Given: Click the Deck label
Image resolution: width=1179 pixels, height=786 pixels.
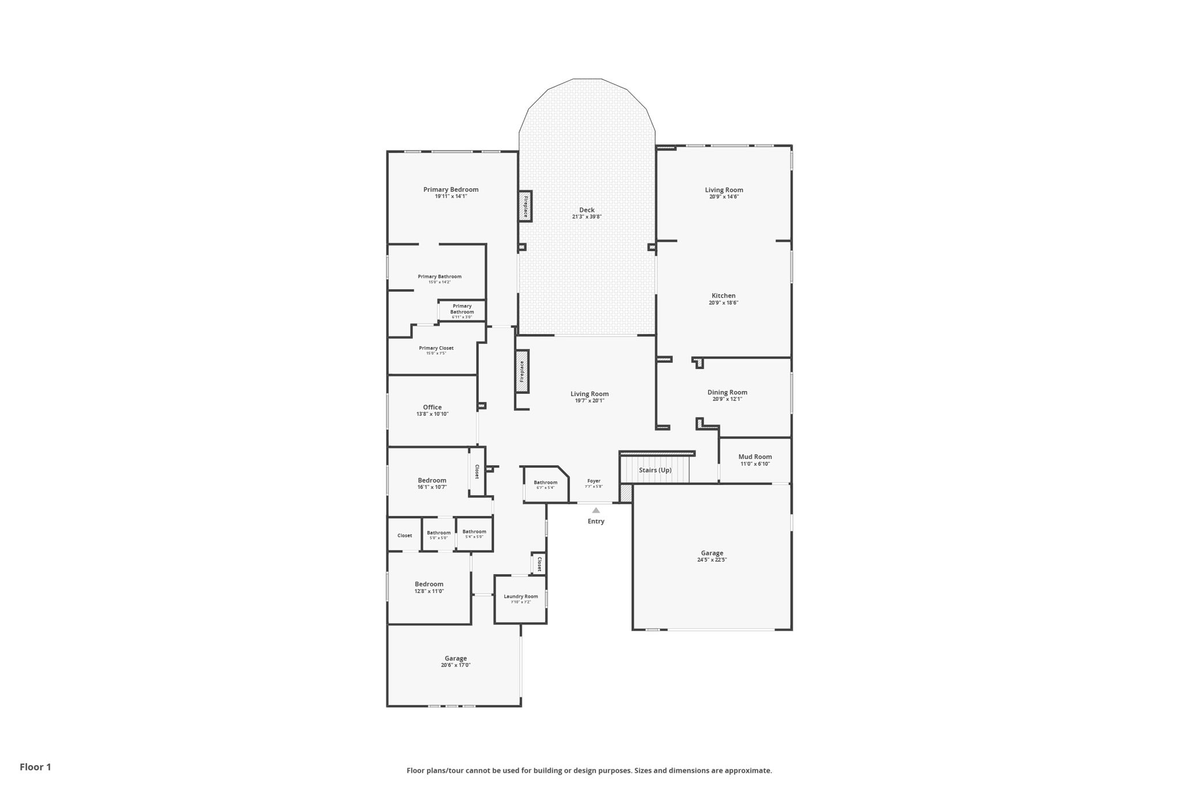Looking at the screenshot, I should click(587, 210).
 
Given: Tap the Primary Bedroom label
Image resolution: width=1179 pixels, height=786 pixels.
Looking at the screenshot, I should click(451, 189).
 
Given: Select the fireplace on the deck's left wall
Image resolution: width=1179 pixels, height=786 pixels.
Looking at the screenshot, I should click(525, 206).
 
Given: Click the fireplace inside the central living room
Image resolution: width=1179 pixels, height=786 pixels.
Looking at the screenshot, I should click(522, 371).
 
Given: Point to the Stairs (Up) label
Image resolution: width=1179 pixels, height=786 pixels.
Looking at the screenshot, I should click(655, 470).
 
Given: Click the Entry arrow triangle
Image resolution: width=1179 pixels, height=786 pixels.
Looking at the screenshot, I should click(596, 510).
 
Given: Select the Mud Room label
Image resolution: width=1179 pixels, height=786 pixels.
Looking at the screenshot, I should click(755, 457).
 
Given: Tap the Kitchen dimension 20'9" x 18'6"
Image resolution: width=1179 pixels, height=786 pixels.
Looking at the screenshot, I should click(723, 303).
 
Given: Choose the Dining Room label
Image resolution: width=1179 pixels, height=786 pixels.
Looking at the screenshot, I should click(727, 392).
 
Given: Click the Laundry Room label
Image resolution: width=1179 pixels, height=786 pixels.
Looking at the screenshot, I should click(520, 596).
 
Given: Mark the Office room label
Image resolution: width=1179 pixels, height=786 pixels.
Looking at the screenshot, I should click(432, 407).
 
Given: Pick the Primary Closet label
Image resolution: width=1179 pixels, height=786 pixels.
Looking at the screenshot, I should click(436, 348).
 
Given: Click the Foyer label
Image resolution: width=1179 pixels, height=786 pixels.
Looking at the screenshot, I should click(594, 481).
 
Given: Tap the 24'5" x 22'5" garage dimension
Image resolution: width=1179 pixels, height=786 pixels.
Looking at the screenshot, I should click(712, 560).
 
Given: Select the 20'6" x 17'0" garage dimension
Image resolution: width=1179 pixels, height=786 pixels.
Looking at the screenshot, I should click(455, 665).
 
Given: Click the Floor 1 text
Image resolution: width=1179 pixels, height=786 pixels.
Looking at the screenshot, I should click(35, 767).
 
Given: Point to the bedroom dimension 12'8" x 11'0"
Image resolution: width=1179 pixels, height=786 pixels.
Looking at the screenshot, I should click(429, 591).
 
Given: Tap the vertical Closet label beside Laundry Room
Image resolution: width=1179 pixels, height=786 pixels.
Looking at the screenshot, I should click(539, 564).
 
